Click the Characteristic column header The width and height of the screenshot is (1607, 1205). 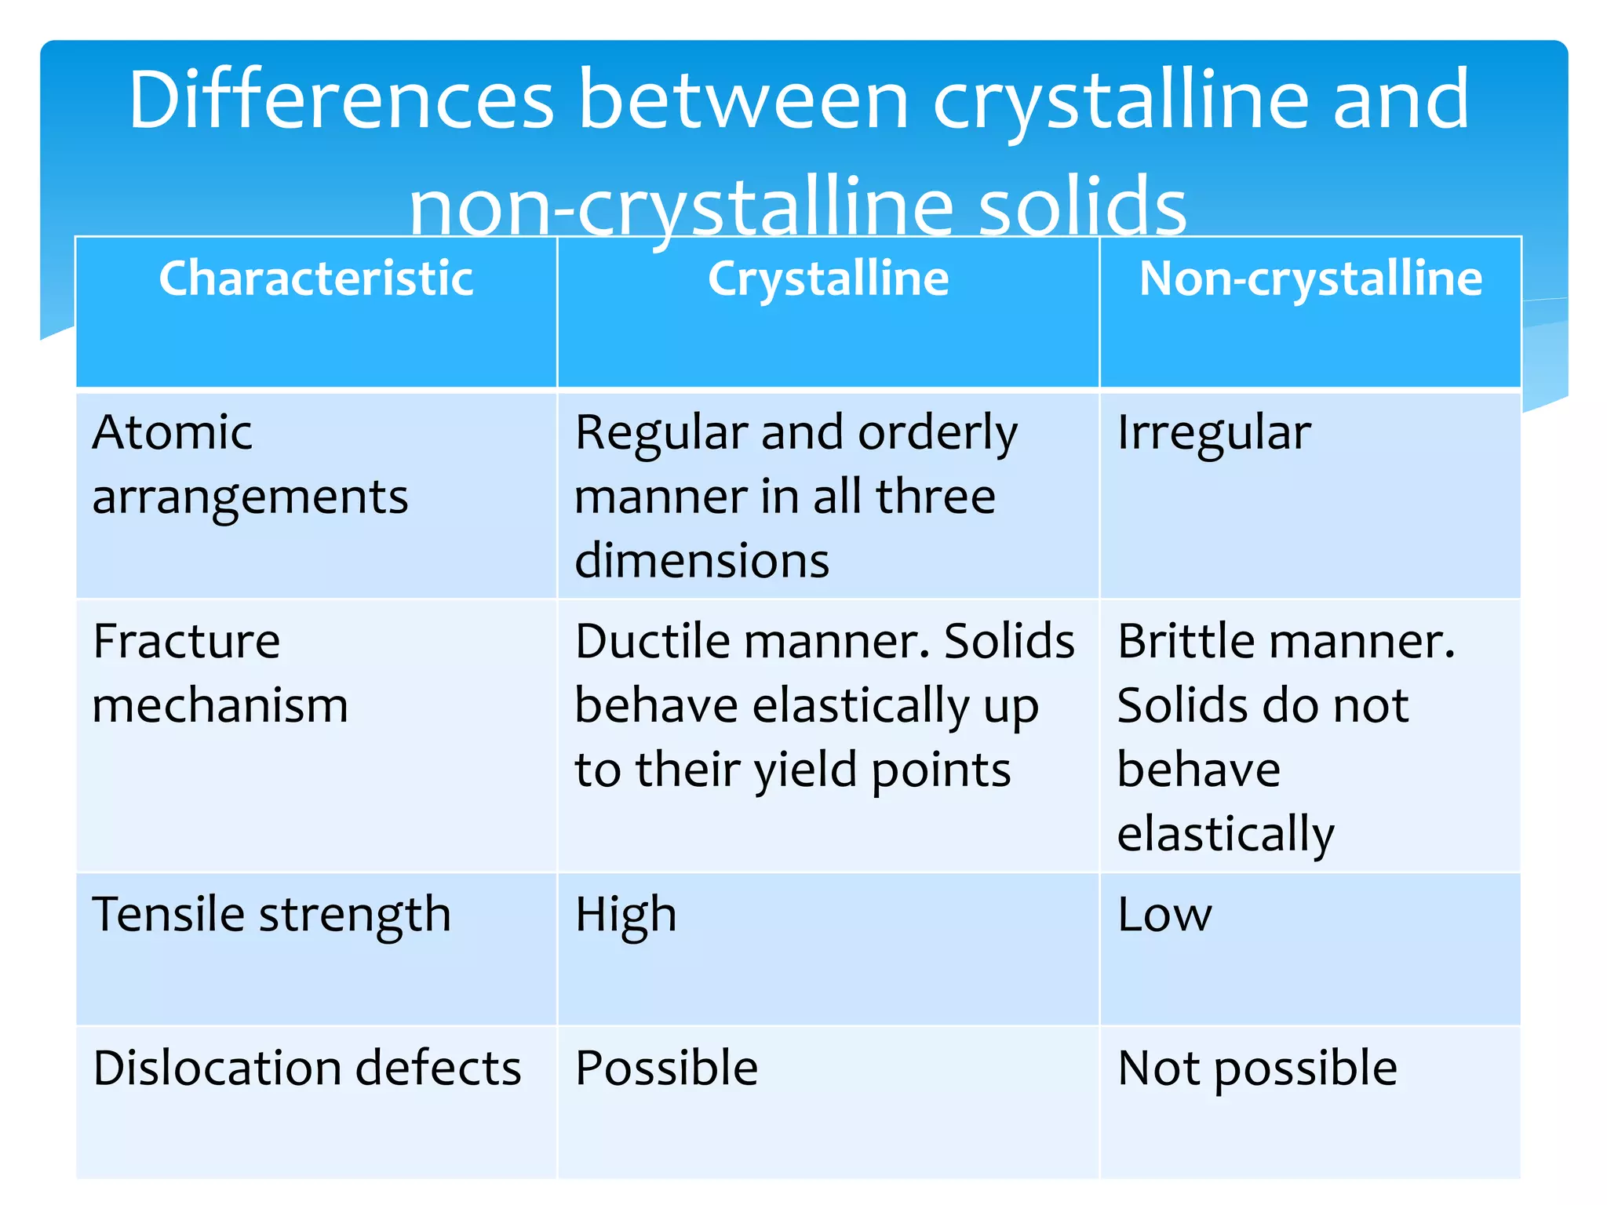315,278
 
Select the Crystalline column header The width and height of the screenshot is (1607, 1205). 828,278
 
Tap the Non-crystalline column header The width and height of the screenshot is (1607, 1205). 1310,278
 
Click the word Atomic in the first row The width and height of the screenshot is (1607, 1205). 172,432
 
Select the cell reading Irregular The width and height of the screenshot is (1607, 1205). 1213,432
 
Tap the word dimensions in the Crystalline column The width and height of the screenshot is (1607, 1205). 701,561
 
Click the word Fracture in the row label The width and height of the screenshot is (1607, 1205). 186,641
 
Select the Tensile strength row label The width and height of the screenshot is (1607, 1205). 271,915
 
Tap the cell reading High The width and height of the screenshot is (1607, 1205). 625,915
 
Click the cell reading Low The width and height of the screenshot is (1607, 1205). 1164,915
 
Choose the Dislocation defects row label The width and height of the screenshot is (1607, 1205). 307,1068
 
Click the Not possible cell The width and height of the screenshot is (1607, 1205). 1257,1068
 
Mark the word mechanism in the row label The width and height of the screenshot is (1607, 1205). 220,705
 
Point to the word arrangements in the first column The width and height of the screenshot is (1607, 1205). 250,498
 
